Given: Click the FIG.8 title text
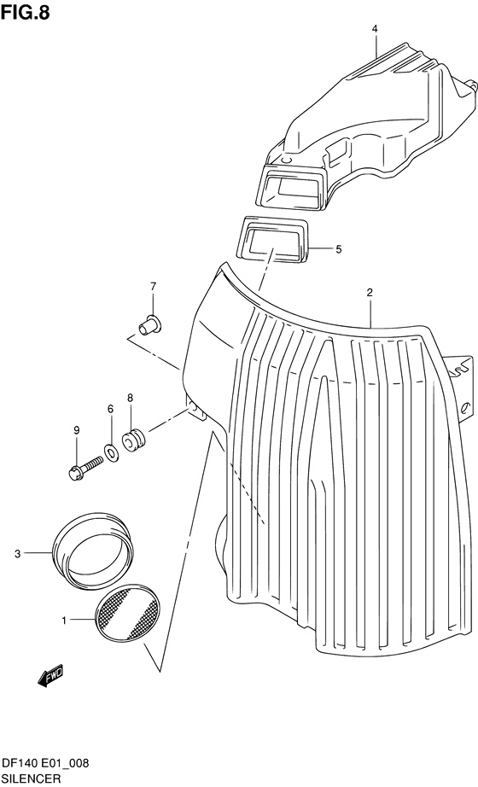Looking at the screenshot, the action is pos(25,12).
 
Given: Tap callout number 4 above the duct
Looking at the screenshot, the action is pos(375,30).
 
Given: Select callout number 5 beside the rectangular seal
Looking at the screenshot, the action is pos(338,249).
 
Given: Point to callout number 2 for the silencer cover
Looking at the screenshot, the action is pos(370,293).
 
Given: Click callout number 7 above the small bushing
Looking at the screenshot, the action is pos(153,287).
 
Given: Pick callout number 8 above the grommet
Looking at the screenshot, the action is pos(130,398).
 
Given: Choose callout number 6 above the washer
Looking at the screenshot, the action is pos(110,409).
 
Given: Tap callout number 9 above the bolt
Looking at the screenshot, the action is pos(77,430).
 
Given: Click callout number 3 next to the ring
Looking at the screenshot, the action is pos(17,554).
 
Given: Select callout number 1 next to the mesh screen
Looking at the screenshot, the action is pos(64,621).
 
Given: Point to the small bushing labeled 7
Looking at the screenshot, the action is pos(149,324).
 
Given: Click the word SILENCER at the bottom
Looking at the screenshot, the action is pos(31,778).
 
